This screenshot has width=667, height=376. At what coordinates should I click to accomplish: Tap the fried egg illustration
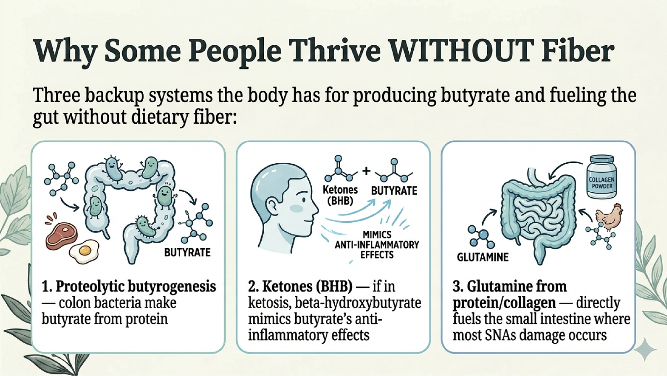[84, 251]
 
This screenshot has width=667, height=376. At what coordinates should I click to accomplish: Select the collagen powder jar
[601, 177]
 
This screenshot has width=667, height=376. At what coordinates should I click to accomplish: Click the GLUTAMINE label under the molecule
[483, 257]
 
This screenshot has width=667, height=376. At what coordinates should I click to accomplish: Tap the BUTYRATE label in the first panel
[187, 253]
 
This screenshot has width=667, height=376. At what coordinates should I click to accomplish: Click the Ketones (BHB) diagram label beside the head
[340, 195]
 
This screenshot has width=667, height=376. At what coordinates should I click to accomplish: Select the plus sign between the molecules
[366, 171]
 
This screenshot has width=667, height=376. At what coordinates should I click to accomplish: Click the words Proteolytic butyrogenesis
[136, 287]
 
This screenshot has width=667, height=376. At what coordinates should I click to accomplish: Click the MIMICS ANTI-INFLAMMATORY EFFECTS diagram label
[377, 245]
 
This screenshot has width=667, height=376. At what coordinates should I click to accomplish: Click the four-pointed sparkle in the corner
[645, 349]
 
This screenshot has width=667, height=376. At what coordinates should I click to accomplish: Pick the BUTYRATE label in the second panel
[394, 191]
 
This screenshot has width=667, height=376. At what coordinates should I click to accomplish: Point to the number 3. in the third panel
[458, 287]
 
